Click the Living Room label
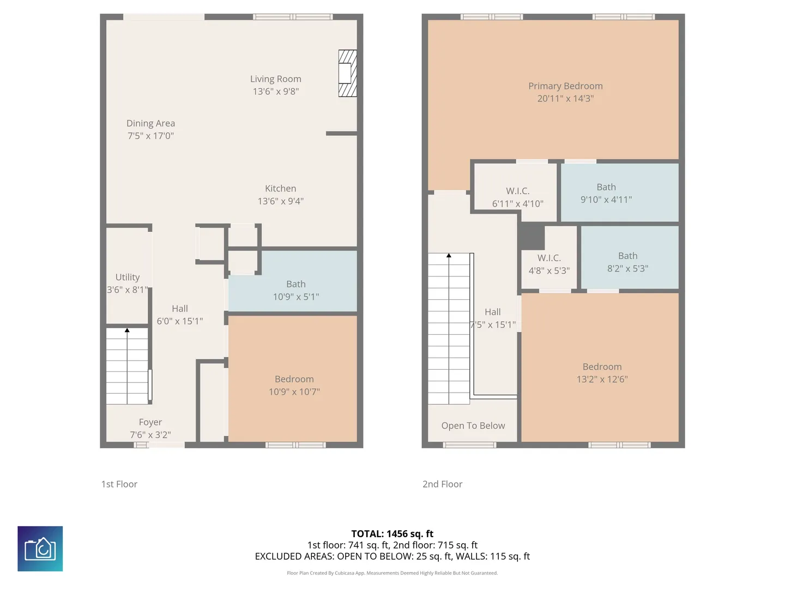tap(275, 79)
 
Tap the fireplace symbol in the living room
tap(347, 73)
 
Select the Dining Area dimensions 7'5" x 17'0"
tap(150, 136)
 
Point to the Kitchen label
tap(280, 189)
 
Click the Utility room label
tap(128, 277)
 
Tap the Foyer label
tap(150, 422)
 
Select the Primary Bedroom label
tap(565, 86)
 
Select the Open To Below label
tap(473, 425)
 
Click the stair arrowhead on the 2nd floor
tap(449, 255)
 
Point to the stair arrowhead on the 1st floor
tap(127, 330)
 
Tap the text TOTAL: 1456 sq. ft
tap(392, 533)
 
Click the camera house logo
tap(40, 548)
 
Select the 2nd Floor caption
tap(443, 484)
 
